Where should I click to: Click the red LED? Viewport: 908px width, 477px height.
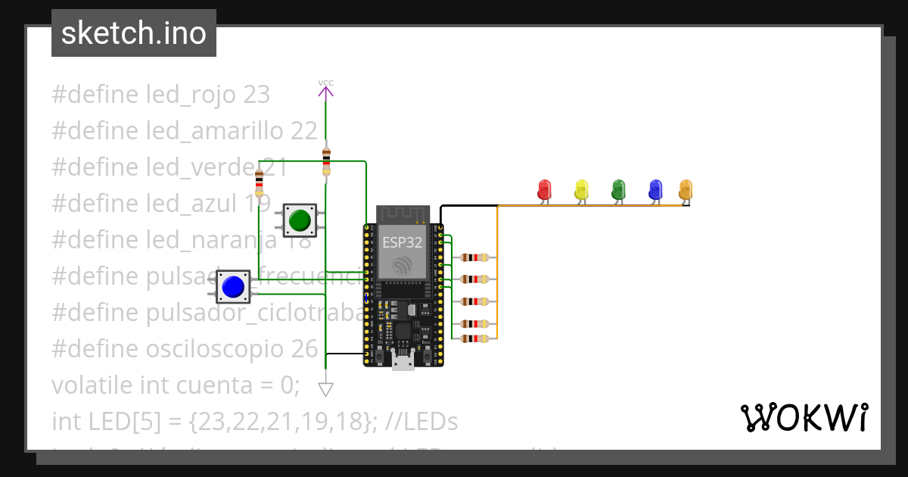pos(544,189)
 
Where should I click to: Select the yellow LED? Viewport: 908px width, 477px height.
pos(581,189)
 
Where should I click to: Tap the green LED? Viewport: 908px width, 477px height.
pos(618,189)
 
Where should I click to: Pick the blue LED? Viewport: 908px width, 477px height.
pos(655,189)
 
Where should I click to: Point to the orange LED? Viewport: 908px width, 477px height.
pos(686,189)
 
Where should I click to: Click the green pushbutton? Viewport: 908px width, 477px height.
pos(300,220)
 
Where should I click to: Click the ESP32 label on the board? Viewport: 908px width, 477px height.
pos(402,242)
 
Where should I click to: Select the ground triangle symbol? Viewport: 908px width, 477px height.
pos(325,389)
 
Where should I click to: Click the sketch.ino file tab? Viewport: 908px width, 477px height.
pos(134,33)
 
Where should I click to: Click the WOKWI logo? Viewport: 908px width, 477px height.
pos(803,418)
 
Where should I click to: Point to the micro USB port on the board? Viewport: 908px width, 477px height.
pos(403,362)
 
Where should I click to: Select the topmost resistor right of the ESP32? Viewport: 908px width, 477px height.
pos(474,257)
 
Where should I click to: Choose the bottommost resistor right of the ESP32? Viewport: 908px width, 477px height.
pos(474,338)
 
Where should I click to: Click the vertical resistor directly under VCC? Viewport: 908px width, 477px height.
pos(326,161)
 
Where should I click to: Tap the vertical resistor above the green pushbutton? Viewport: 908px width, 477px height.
pos(259,182)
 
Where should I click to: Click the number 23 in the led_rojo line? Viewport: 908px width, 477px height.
pos(257,95)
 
